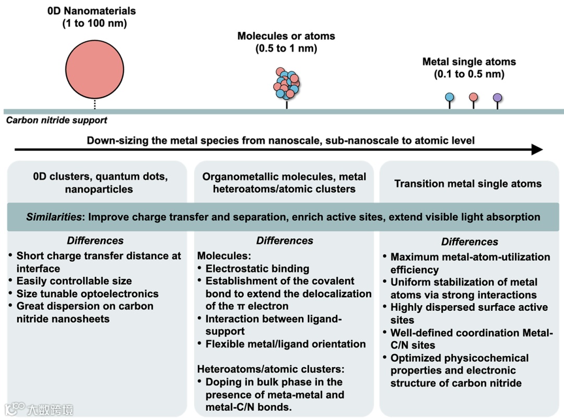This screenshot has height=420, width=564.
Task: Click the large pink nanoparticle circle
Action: coord(95,67)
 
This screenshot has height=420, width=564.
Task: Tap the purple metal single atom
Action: coord(497,97)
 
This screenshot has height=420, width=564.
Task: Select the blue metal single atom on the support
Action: coord(449,97)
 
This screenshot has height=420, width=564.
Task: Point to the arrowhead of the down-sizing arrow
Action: coord(537,150)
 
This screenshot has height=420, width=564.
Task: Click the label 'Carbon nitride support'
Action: coord(56,121)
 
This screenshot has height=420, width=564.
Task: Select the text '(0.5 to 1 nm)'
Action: coord(286,49)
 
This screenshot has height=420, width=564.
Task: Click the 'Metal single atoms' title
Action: coord(469,62)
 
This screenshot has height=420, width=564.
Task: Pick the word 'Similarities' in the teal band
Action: coord(55,217)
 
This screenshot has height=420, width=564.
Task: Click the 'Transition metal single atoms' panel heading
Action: coord(468,184)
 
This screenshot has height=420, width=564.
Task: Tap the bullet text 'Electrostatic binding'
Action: coord(257,269)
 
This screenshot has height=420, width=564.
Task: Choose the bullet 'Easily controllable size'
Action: coord(74,281)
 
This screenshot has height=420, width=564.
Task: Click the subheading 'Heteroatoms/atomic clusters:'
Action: coord(271,369)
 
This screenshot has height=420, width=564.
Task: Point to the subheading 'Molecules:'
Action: coord(223,256)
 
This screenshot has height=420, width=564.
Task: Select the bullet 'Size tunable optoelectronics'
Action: coord(87,294)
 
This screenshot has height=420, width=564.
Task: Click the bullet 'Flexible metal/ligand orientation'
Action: coord(285,344)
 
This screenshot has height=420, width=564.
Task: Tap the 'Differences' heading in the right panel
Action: coord(469,242)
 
